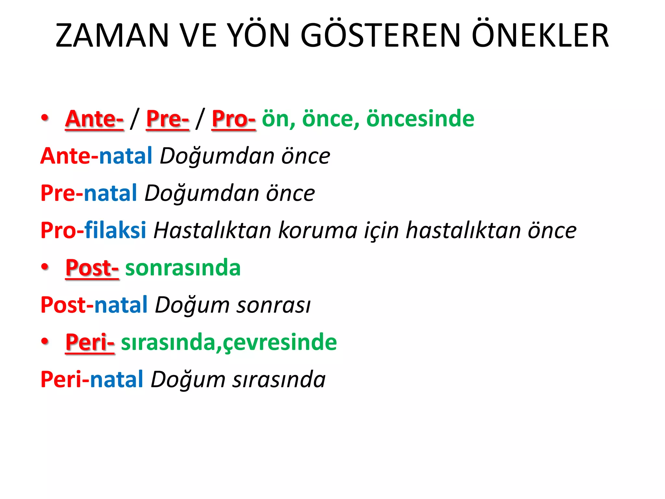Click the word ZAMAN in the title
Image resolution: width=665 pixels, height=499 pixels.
112,35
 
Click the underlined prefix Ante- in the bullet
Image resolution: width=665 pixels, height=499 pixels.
94,119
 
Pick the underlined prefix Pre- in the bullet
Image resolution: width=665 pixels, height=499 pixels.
168,119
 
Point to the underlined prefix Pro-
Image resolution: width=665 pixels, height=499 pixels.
233,119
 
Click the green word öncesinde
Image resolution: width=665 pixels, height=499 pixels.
420,118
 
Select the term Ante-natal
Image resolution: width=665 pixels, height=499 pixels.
96,156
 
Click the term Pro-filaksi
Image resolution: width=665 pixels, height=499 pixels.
94,230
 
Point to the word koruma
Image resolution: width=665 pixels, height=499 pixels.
318,230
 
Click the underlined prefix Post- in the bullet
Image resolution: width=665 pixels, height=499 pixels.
92,268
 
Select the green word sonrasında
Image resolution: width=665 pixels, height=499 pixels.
183,268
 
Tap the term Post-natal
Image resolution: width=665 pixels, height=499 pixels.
94,305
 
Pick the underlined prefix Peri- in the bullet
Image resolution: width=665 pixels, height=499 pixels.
90,342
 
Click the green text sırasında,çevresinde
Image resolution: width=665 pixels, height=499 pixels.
229,342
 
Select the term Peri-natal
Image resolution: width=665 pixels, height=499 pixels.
92,379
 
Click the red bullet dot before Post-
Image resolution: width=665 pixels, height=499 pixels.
45,267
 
